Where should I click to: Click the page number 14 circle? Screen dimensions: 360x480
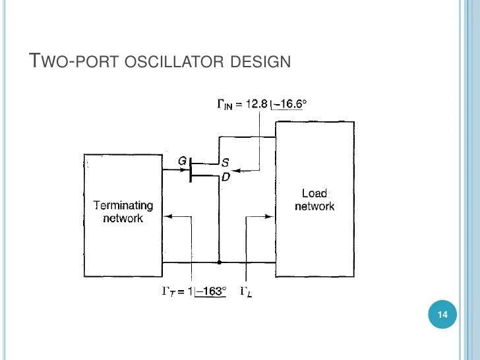(442, 316)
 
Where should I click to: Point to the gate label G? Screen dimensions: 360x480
(183, 160)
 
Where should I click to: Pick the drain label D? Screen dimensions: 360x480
(225, 176)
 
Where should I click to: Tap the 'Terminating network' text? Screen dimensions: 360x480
(123, 212)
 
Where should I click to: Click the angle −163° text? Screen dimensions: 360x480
(210, 291)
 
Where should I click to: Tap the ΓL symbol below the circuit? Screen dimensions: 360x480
(245, 291)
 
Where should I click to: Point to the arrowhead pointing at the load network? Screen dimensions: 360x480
(270, 215)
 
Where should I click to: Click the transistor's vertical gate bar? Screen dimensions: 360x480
(191, 169)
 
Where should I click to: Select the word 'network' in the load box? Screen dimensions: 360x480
(315, 206)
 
